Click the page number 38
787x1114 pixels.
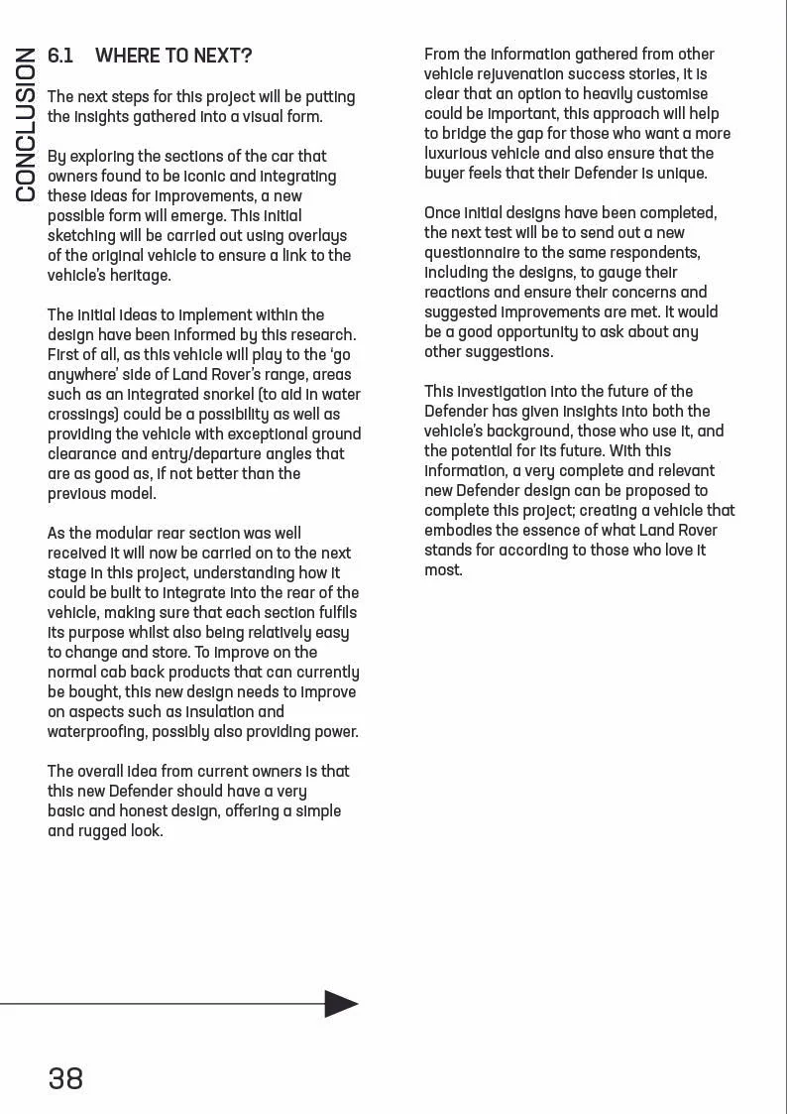[65, 1078]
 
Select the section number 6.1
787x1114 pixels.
[60, 56]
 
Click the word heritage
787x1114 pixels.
[138, 276]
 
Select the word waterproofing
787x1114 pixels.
[96, 732]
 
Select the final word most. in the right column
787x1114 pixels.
[443, 570]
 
